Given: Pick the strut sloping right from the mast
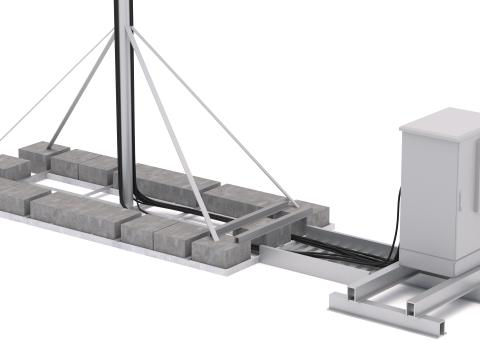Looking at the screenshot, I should [200, 110].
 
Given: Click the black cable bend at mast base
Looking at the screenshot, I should [129, 201].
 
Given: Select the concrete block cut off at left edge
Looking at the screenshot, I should [10, 166].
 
